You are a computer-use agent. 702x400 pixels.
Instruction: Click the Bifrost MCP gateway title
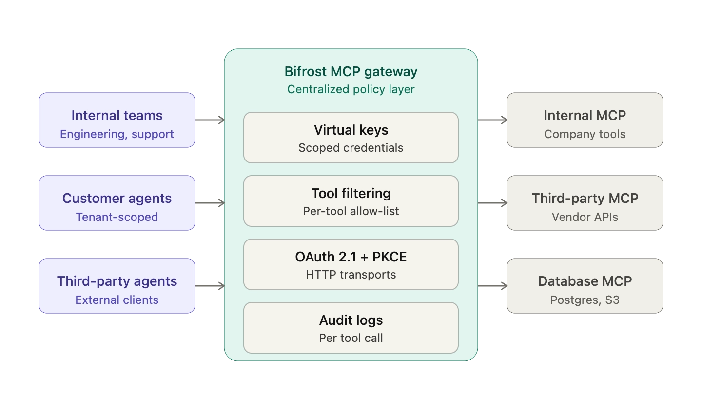click(351, 72)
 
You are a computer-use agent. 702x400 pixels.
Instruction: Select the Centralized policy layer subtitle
click(351, 89)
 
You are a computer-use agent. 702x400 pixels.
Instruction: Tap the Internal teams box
click(117, 120)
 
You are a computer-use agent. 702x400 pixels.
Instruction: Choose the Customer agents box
click(117, 203)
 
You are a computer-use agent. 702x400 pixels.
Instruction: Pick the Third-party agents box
click(117, 286)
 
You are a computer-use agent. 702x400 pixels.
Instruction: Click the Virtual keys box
click(351, 138)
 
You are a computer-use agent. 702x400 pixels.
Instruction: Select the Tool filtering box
click(351, 201)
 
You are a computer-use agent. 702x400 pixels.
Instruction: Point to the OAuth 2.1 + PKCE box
click(351, 264)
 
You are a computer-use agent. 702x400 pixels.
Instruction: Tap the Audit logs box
click(351, 328)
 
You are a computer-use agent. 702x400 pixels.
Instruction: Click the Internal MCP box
click(585, 120)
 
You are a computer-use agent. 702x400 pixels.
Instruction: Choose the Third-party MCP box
click(585, 203)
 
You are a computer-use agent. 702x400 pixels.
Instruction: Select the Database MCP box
click(585, 286)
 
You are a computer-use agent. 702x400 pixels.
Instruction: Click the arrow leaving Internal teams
click(210, 120)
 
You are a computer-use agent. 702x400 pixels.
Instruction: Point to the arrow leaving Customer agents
click(210, 203)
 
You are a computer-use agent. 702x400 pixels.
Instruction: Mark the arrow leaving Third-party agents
click(210, 286)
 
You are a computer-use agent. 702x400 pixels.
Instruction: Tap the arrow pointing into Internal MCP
click(492, 120)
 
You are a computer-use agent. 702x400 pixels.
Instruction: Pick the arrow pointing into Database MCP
click(492, 286)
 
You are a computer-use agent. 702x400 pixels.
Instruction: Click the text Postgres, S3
click(585, 300)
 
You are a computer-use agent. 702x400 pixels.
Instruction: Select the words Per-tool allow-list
click(351, 211)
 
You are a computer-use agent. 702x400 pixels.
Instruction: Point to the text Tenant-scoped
click(117, 217)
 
